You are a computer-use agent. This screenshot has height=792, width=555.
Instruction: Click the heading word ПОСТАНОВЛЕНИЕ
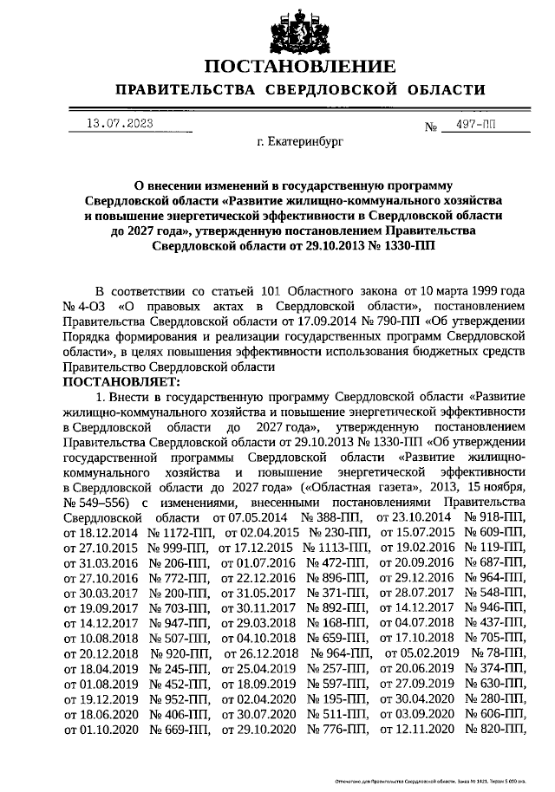pyautogui.click(x=300, y=67)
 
